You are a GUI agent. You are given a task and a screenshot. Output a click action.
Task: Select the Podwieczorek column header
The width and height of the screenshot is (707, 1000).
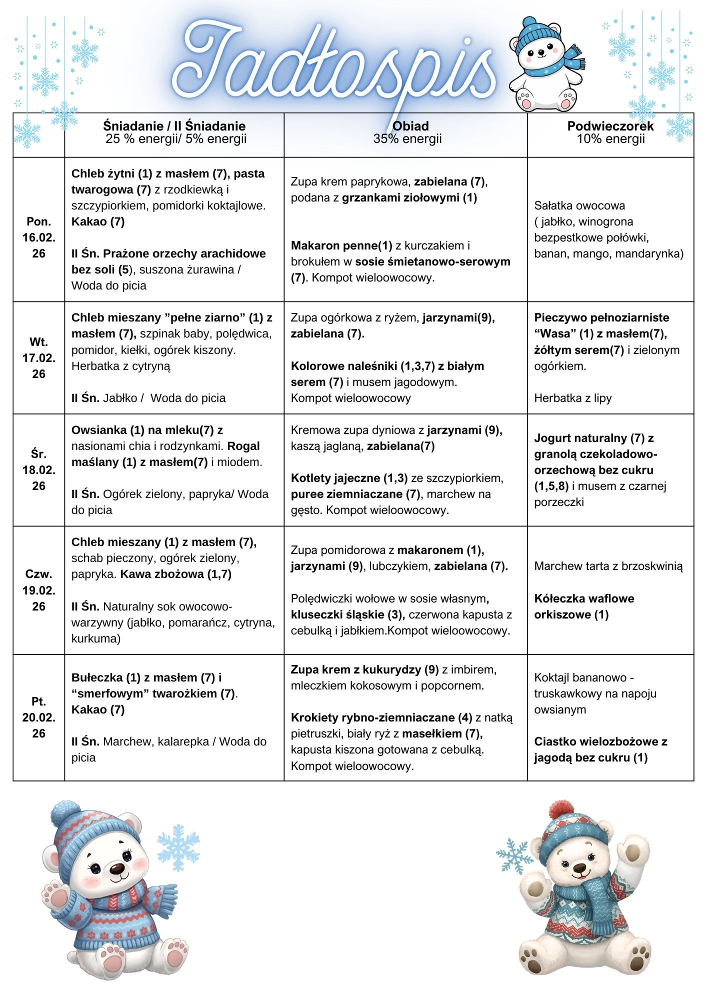[610, 126]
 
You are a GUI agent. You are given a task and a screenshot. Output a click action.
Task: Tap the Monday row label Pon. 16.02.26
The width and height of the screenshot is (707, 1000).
[38, 237]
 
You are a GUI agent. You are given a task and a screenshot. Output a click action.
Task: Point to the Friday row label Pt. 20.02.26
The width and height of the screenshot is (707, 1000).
[38, 717]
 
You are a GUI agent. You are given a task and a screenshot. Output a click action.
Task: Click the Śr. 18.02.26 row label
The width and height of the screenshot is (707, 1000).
[38, 470]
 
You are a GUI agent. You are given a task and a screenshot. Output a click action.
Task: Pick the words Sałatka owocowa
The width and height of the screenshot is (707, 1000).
[579, 205]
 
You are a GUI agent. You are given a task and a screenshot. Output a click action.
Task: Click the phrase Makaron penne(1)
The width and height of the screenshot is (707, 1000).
[341, 245]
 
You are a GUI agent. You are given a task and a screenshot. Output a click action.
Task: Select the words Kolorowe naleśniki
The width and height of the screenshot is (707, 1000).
[344, 366]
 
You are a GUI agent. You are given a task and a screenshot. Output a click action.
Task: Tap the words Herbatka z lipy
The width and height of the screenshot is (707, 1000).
[572, 398]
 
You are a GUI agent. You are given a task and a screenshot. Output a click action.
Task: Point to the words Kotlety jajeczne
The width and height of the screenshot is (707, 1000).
[335, 478]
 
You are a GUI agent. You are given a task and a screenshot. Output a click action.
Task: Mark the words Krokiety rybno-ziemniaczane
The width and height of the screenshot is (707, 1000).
[373, 717]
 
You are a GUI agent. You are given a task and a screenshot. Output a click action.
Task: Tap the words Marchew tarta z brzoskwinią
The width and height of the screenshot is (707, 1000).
[608, 566]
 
